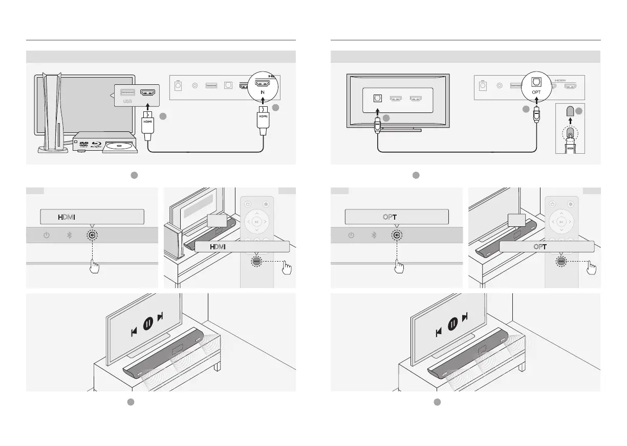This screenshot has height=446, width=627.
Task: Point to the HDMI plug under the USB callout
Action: click(147, 121)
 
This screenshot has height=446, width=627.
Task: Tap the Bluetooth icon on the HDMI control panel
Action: click(68, 236)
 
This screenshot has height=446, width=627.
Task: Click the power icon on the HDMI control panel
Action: click(47, 236)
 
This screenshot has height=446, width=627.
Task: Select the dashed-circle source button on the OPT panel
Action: click(396, 236)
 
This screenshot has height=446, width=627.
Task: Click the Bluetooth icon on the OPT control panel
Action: click(374, 236)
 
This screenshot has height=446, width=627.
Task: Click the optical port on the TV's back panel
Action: click(378, 97)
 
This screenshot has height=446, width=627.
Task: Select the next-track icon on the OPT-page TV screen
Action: click(465, 318)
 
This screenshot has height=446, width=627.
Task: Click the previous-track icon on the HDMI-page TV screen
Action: click(134, 332)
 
